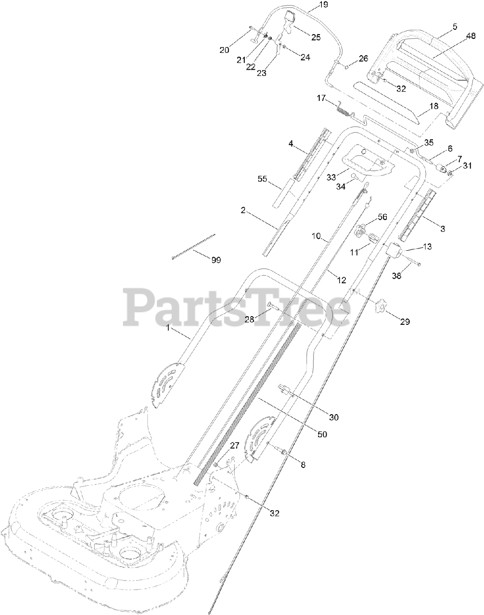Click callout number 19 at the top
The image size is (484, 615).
[x=323, y=5]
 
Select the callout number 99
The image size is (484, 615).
[x=216, y=259]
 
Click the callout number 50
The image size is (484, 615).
[x=322, y=434]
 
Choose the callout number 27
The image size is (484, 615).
[x=234, y=445]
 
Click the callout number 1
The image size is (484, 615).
[x=168, y=327]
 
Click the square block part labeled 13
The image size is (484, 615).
[x=393, y=250]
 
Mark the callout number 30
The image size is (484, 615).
[x=333, y=417]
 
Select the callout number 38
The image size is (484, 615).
[x=397, y=276]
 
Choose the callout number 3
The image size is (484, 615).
[x=442, y=229]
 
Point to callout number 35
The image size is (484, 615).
[x=429, y=142]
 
